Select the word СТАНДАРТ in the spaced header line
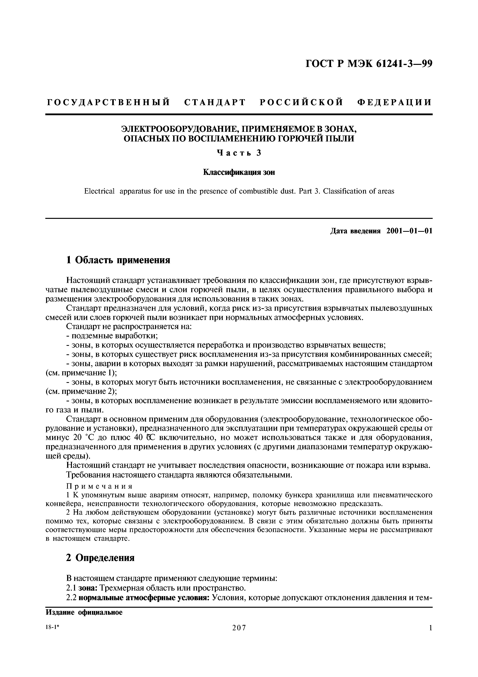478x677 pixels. [215, 103]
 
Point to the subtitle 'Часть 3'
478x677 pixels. [239, 153]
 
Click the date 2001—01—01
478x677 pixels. [409, 231]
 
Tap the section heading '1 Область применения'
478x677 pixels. [118, 260]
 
